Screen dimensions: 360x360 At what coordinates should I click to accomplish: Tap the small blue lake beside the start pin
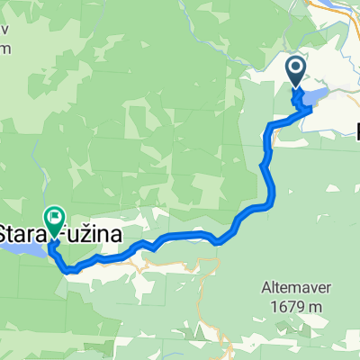pos(315,95)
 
